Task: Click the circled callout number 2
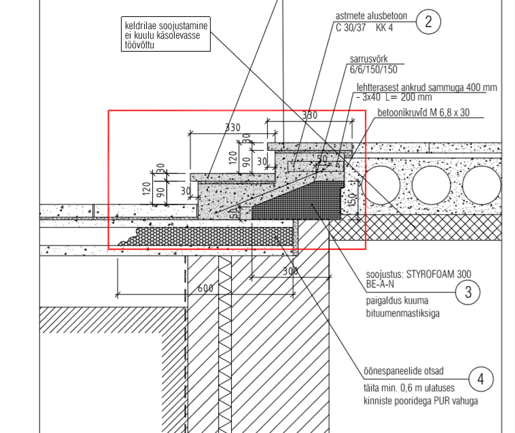pos(428,22)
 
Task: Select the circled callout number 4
pos(481,379)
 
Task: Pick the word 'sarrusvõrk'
pos(370,58)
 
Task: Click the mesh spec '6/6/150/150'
pos(373,69)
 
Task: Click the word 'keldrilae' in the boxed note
pos(142,25)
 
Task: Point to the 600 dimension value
pos(205,288)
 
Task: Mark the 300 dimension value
pos(290,271)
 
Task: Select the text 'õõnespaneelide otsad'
pos(404,370)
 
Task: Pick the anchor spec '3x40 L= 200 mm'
pos(392,97)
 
